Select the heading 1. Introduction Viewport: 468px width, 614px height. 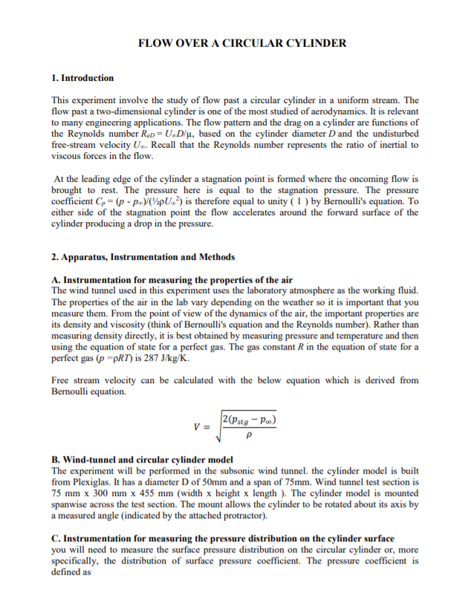(82, 77)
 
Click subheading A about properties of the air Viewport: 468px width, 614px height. (172, 280)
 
